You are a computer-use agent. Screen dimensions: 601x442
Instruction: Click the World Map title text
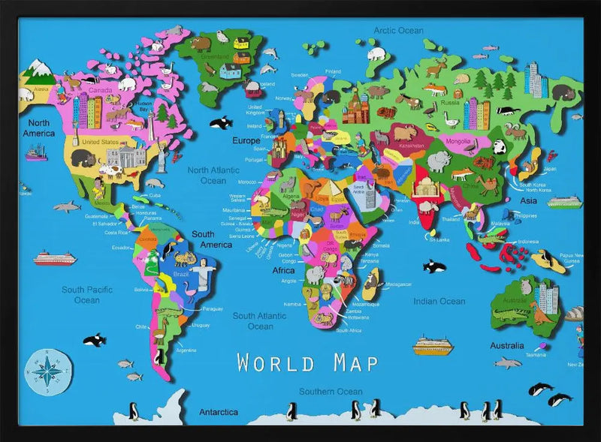point(307,362)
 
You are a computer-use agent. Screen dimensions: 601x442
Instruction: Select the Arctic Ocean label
point(400,31)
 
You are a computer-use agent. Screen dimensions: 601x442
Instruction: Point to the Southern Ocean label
point(330,392)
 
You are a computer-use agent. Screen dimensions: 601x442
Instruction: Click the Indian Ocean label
point(439,301)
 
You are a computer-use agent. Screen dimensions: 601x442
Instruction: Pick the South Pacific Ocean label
point(86,295)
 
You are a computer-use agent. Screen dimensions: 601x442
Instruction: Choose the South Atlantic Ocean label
point(260,321)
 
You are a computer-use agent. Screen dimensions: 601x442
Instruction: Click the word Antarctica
point(219,412)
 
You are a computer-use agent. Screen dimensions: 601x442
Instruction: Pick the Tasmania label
point(536,354)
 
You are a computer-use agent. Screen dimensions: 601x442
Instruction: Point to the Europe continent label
point(245,140)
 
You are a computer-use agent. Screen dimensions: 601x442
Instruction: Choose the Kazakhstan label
point(411,145)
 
